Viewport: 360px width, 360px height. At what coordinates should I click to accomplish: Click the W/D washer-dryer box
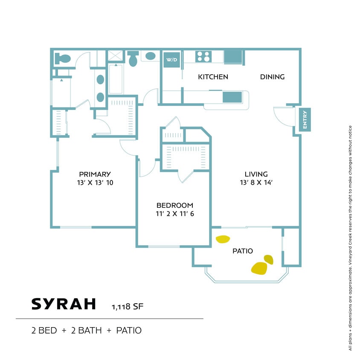click(172, 59)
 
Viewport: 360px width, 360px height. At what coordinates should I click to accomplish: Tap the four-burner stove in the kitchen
click(203, 56)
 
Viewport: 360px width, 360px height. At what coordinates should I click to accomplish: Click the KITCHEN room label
click(213, 77)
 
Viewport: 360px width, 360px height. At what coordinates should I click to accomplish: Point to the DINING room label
click(272, 77)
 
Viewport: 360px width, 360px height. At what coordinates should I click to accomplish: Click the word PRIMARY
click(95, 174)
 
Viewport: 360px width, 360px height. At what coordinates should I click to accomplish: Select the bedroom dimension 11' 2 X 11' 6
click(174, 214)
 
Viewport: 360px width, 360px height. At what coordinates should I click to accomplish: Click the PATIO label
click(242, 251)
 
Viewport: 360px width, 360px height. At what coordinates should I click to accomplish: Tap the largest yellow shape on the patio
click(259, 268)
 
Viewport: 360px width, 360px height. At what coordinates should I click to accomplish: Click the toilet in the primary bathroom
click(63, 59)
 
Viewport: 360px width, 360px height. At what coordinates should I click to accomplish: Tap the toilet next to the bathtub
click(133, 59)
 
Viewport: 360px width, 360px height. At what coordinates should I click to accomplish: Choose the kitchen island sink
click(232, 97)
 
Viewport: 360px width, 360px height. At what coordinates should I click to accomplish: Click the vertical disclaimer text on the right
click(350, 239)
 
